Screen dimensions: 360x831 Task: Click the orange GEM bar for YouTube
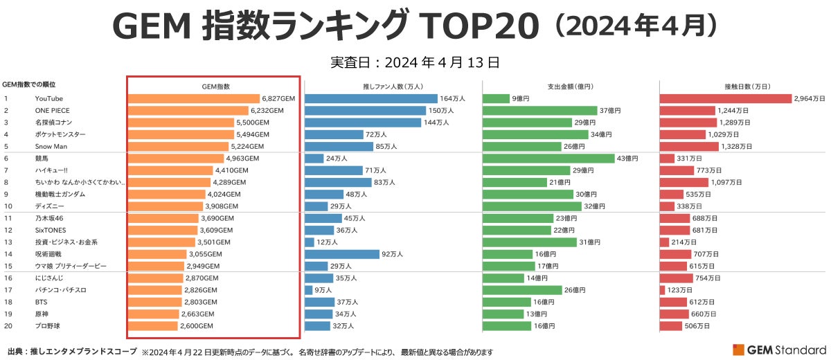coord(194,99)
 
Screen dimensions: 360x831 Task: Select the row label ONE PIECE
coord(53,111)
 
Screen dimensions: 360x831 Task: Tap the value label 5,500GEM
coord(253,123)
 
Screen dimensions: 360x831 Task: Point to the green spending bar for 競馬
coord(548,159)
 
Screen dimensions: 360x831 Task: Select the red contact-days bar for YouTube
coord(725,99)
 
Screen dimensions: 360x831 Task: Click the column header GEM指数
coord(215,87)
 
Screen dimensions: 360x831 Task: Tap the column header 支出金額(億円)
coord(571,87)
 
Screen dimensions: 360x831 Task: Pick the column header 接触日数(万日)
coord(747,87)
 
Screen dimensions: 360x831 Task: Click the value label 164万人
coord(452,99)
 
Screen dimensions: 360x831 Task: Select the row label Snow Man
coord(51,147)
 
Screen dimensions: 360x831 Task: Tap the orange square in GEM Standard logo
coord(738,350)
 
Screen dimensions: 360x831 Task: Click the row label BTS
coord(42,302)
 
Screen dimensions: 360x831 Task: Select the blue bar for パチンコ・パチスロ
coord(308,290)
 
